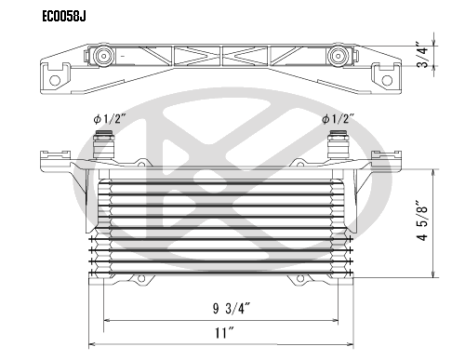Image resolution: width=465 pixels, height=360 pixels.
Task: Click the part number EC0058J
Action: coord(64,17)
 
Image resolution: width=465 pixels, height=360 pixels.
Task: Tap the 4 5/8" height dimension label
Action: coord(422,220)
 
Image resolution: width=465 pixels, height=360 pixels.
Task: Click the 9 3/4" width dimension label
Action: coord(232,309)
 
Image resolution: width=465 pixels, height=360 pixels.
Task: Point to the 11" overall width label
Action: coord(224,333)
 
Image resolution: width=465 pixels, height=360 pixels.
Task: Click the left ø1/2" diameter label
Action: coord(109,119)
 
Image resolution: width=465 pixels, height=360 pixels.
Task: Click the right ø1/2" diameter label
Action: coord(338,119)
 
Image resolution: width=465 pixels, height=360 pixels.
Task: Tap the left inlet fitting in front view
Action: coord(104,144)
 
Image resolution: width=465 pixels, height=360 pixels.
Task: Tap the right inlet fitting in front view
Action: coord(339,144)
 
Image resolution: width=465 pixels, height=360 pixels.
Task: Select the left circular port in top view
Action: coord(104,57)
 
